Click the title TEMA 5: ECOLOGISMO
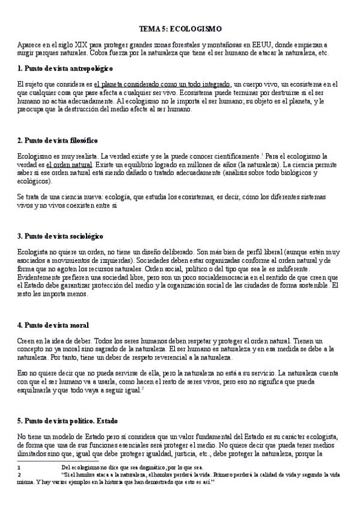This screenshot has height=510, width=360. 180,28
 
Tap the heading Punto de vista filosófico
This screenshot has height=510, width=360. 58,140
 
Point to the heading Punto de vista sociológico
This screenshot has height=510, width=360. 61,236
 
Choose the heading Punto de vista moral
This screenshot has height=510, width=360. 53,325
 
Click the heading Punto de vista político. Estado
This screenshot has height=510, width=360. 75,421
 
